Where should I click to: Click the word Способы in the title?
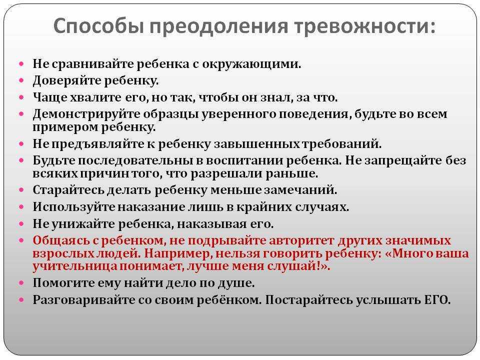coord(98,27)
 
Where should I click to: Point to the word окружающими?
coord(251,64)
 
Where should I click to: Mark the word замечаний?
coord(300,190)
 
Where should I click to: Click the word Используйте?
coord(74,207)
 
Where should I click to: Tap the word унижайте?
coord(83,224)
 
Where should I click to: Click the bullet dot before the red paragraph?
coord(21,240)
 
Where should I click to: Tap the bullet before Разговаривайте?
coord(21,299)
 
